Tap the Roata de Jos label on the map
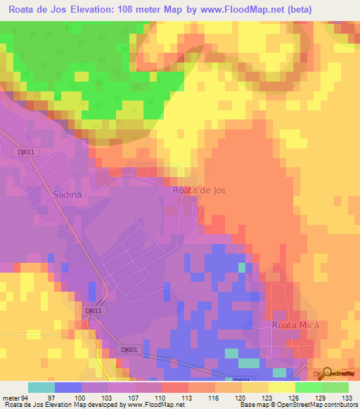pyautogui.click(x=199, y=190)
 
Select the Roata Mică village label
pyautogui.click(x=295, y=325)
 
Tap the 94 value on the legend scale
pyautogui.click(x=27, y=398)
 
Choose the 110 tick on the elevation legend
pyautogui.click(x=162, y=398)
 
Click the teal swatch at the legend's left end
pyautogui.click(x=41, y=387)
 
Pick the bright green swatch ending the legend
pyautogui.click(x=335, y=387)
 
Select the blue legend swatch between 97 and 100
pyautogui.click(x=67, y=387)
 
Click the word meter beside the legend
pyautogui.click(x=12, y=398)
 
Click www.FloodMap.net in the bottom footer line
pyautogui.click(x=151, y=405)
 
